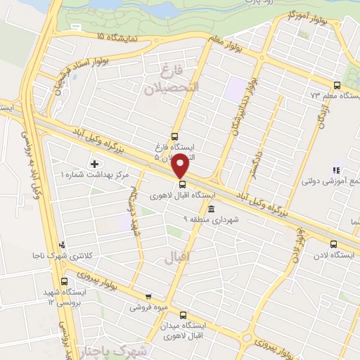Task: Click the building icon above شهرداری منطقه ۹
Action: pyautogui.click(x=212, y=209)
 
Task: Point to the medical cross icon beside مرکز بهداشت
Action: pyautogui.click(x=96, y=163)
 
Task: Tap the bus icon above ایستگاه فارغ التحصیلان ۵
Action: pyautogui.click(x=174, y=137)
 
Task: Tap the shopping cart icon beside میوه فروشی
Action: pyautogui.click(x=148, y=297)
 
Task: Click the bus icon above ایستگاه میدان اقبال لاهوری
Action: pyautogui.click(x=184, y=315)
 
